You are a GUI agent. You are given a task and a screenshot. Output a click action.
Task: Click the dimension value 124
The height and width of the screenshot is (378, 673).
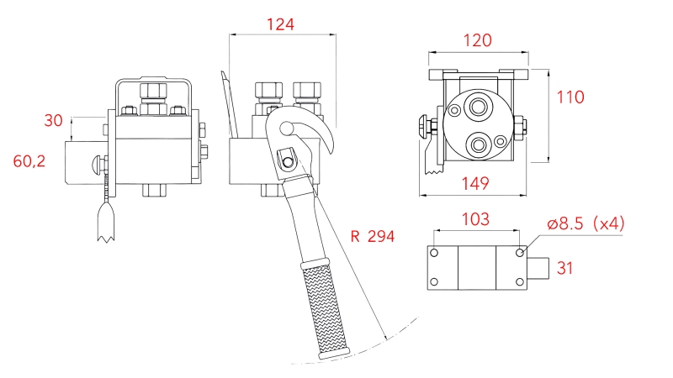tap(280, 24)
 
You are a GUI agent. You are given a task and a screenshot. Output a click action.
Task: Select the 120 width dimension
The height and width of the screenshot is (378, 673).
tap(477, 39)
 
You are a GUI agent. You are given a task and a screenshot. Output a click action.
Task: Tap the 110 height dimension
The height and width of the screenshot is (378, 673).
tap(570, 97)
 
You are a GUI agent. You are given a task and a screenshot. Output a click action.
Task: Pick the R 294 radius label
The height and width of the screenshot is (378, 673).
tap(372, 236)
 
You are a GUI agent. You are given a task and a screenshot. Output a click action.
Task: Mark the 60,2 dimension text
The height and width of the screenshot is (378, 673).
tap(30, 160)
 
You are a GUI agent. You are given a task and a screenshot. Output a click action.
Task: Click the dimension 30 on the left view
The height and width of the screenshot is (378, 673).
tap(53, 121)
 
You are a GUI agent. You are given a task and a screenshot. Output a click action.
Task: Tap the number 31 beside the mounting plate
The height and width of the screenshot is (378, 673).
tap(566, 269)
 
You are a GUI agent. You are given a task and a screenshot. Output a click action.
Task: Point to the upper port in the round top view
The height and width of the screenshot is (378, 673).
tap(480, 107)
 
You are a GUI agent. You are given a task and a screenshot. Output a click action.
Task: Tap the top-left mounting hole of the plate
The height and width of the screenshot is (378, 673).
tap(434, 253)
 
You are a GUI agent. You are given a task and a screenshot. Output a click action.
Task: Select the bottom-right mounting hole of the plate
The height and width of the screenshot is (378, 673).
tap(520, 281)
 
